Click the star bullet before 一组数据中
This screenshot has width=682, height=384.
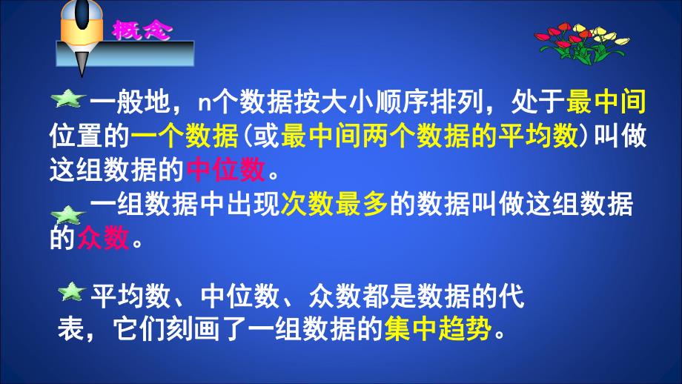point(69,215)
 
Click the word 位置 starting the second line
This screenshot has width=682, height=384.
point(75,136)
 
